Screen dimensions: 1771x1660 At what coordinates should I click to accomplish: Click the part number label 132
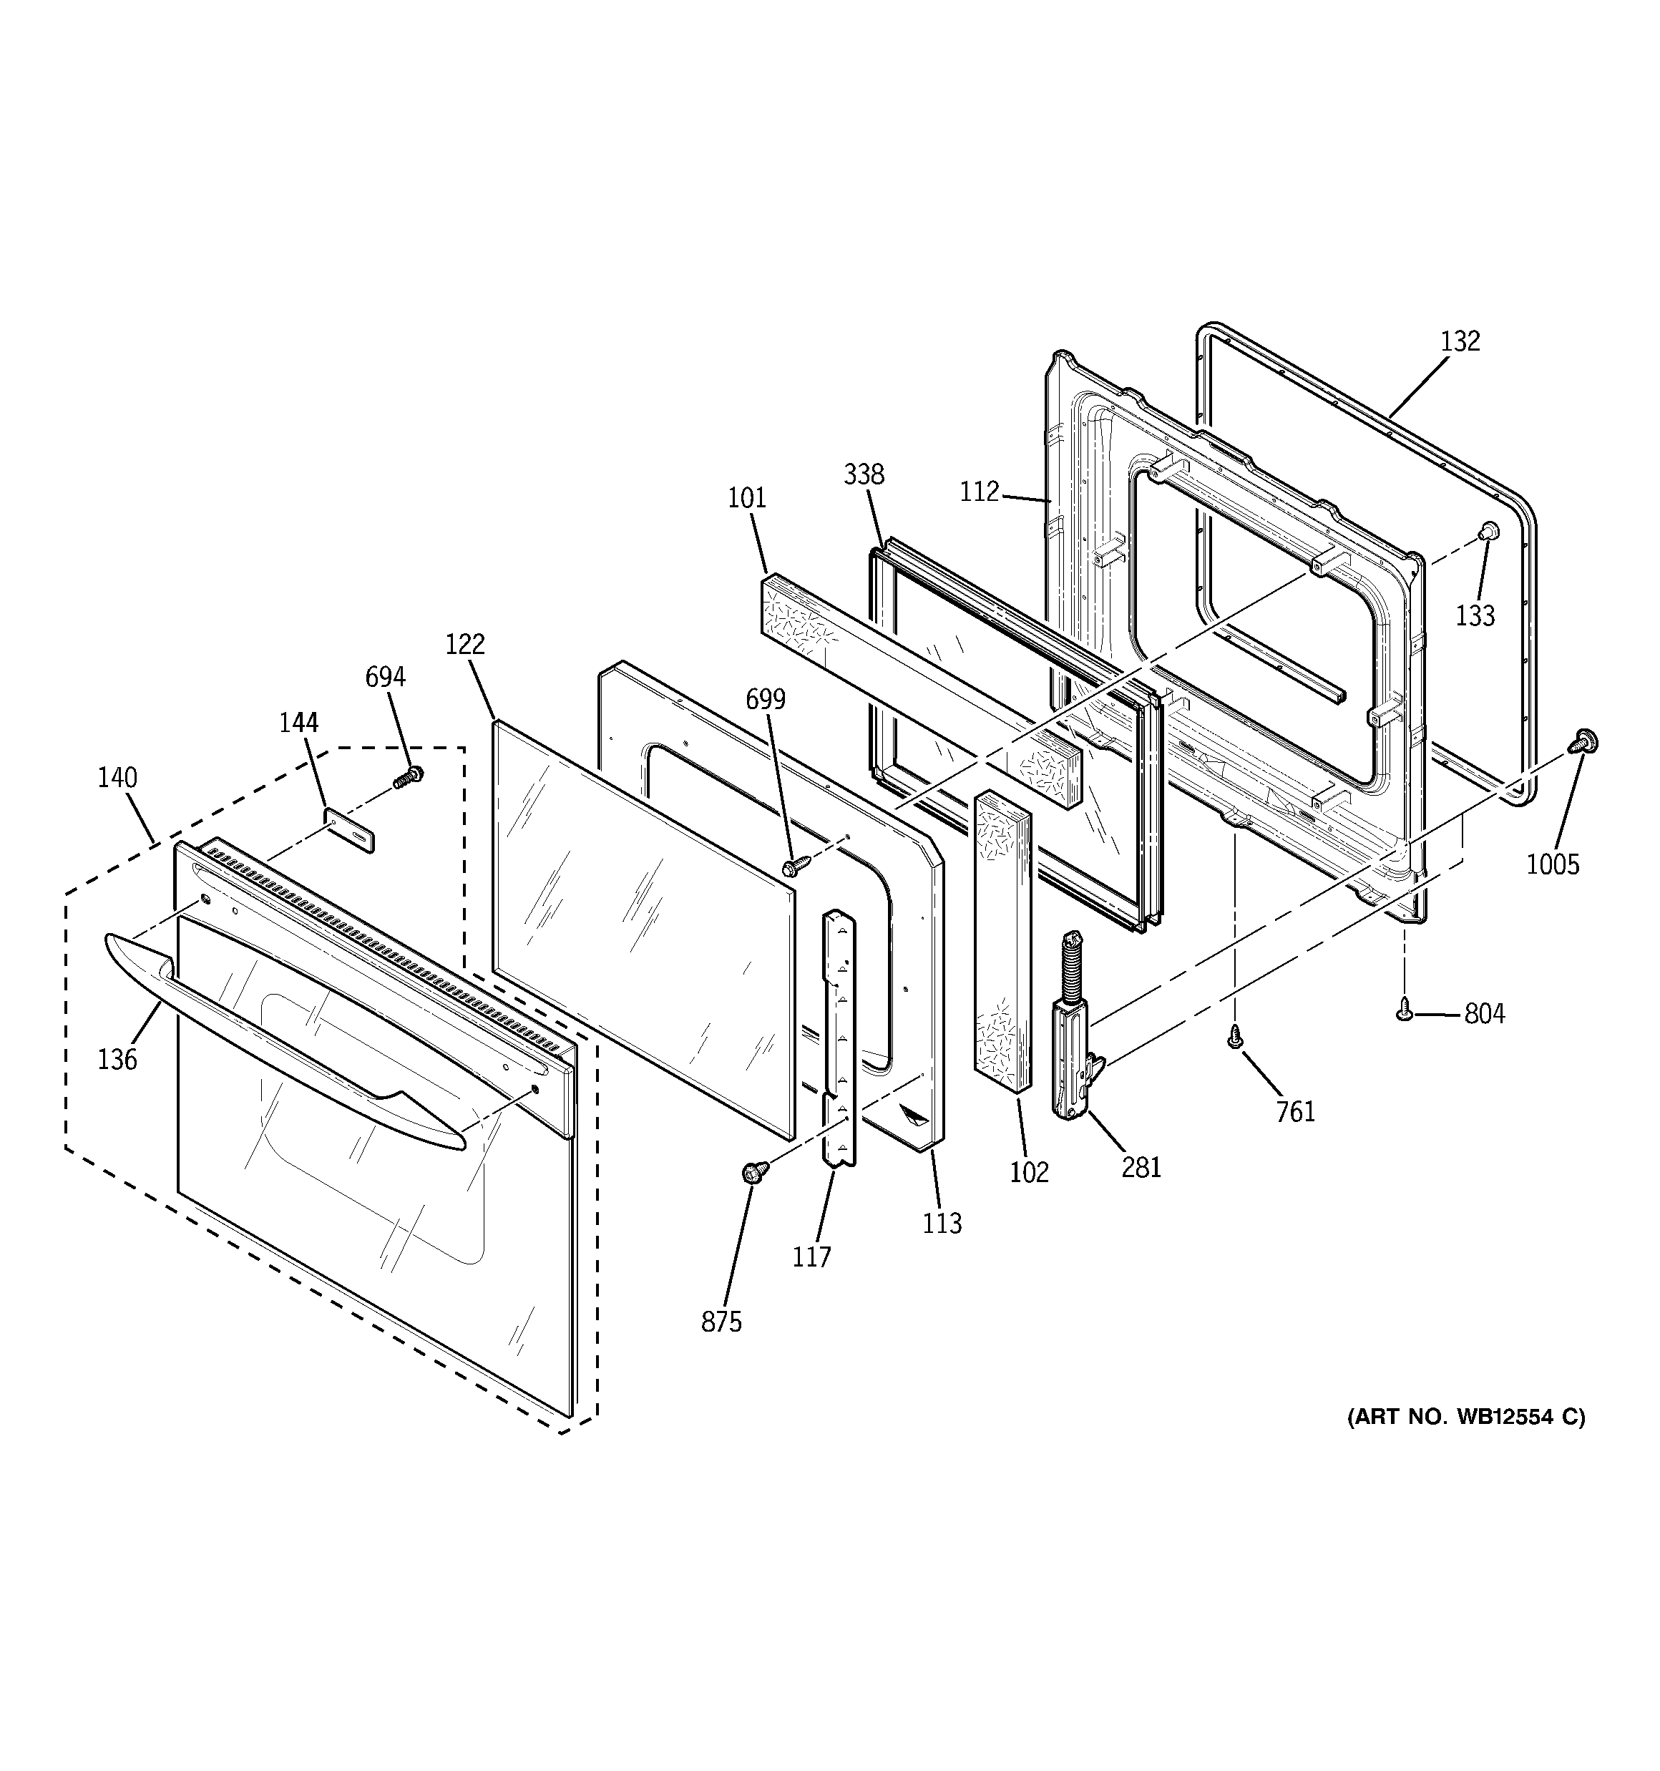[x=1460, y=341]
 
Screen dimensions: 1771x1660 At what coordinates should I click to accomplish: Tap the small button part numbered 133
[x=1486, y=532]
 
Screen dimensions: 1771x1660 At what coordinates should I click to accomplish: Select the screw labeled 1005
[x=1584, y=741]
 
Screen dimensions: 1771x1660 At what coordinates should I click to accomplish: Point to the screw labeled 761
[x=1235, y=1036]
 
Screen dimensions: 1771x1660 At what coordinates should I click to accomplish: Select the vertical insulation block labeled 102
[x=1003, y=940]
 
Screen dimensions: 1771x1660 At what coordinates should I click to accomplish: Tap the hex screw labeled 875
[x=751, y=1174]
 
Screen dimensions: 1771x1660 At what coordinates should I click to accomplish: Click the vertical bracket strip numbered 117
[x=839, y=1038]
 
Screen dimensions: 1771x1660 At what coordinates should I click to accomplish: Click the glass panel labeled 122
[x=642, y=927]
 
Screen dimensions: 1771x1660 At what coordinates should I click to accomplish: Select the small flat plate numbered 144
[x=348, y=830]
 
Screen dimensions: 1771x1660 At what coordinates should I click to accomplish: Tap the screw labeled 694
[x=409, y=776]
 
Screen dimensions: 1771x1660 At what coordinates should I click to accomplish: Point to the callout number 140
[x=117, y=778]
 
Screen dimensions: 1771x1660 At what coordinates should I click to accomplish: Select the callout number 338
[x=864, y=474]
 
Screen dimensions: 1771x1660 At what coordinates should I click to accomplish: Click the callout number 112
[x=980, y=492]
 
